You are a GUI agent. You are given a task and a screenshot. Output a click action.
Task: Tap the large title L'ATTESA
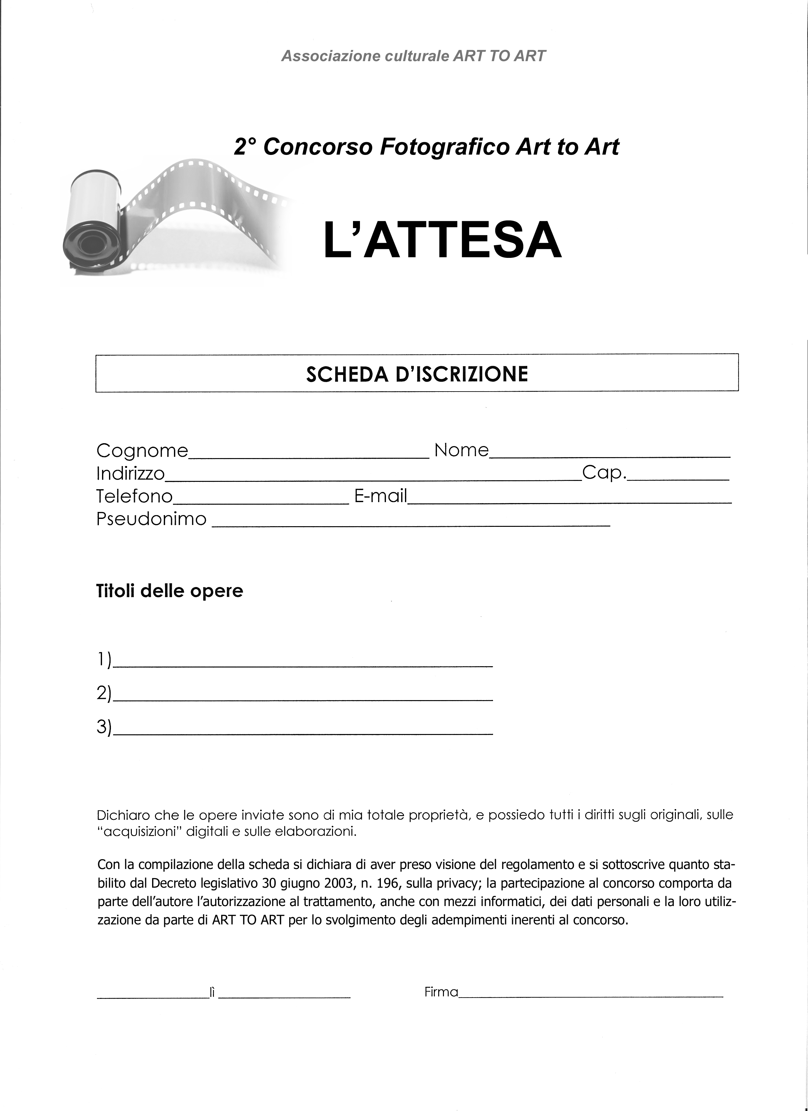442,240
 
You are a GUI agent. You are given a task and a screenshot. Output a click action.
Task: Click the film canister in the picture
93,223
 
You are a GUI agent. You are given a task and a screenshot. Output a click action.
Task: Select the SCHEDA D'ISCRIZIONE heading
417,374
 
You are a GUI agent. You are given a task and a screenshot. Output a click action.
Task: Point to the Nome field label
461,450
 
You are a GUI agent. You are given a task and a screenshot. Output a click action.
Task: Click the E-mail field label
380,496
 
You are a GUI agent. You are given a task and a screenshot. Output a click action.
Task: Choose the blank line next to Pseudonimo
411,523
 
